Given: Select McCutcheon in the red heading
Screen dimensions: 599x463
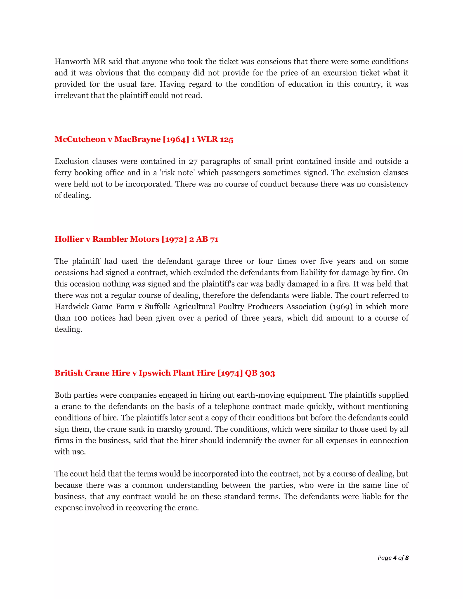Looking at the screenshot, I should pyautogui.click(x=80, y=139).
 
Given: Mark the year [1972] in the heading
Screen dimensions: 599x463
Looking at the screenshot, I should pyautogui.click(x=174, y=239).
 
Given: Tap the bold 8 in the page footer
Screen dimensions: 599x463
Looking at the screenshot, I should pyautogui.click(x=407, y=558).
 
